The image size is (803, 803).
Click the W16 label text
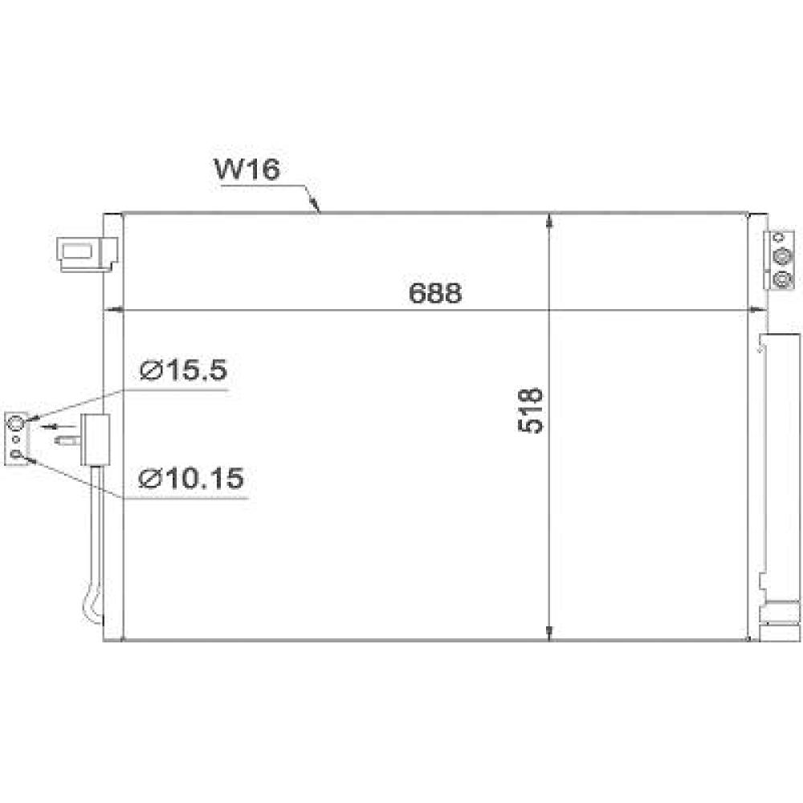click(246, 171)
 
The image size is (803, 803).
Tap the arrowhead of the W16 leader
click(319, 211)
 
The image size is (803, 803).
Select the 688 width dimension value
click(435, 293)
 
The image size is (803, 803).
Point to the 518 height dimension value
click(532, 410)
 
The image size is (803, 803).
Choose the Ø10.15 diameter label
click(191, 479)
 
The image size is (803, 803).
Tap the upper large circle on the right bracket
click(781, 256)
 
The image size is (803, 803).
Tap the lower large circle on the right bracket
click(781, 279)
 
